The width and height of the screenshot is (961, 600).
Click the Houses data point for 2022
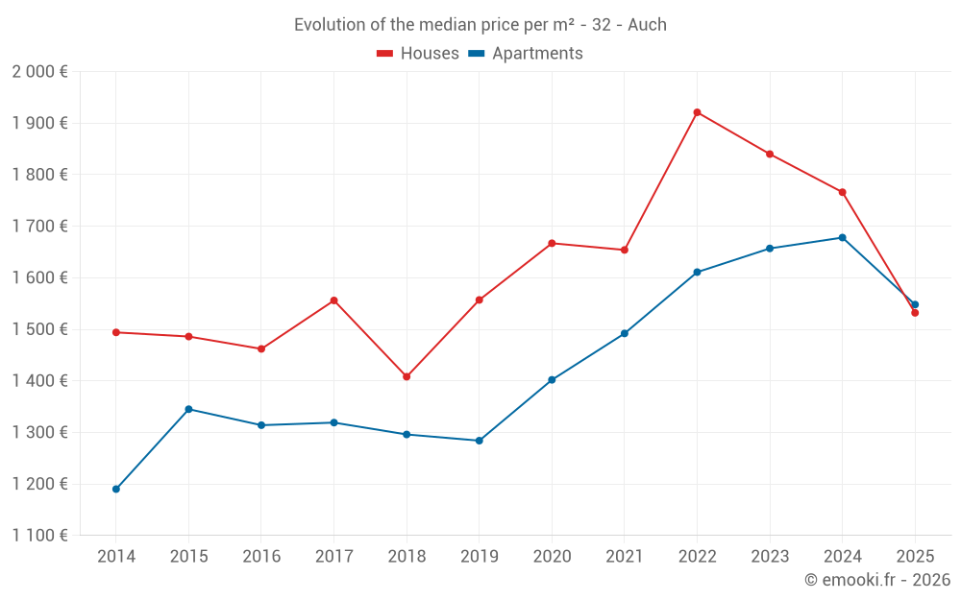tap(697, 112)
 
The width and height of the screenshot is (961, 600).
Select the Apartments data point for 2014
tap(116, 489)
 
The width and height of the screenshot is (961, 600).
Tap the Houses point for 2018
tap(407, 376)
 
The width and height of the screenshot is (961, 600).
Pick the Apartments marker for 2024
tap(843, 237)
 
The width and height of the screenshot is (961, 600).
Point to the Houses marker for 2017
tap(333, 300)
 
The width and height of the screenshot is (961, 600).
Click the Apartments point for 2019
tap(480, 441)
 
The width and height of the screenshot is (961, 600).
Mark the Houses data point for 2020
tap(552, 243)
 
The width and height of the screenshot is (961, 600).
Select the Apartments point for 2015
tap(188, 409)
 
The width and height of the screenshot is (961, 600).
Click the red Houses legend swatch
tap(385, 54)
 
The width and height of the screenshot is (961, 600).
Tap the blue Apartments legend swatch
tap(476, 54)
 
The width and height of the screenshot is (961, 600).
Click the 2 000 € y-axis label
tap(39, 72)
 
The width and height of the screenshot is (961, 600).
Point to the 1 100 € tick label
tap(39, 536)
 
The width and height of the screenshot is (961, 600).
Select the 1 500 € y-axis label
tap(39, 329)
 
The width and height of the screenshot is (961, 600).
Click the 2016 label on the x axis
tap(261, 556)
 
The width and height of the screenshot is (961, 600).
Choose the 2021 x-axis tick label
tap(625, 556)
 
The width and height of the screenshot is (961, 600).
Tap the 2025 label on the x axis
tap(915, 556)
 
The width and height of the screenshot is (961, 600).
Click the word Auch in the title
tap(647, 25)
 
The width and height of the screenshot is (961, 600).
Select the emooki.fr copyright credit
tap(877, 580)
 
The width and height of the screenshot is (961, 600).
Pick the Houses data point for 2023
tap(770, 154)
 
